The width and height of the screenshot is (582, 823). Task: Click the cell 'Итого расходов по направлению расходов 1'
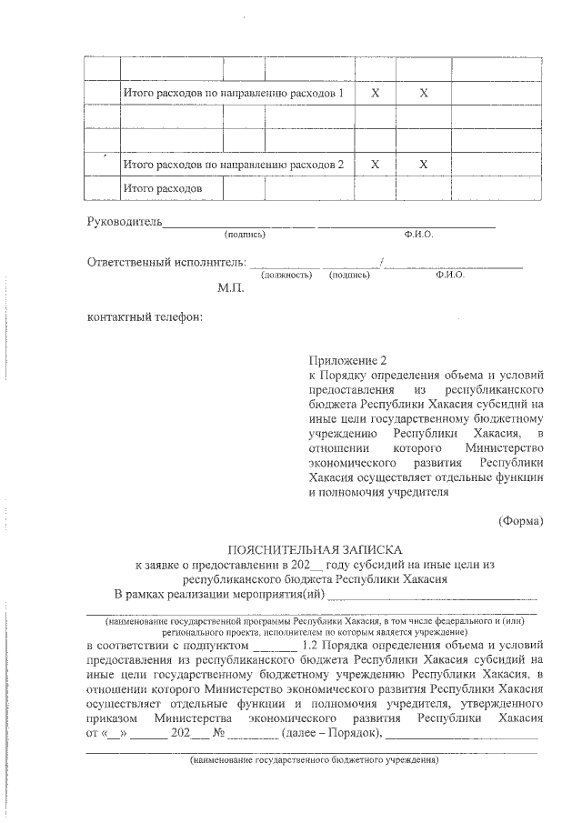233,94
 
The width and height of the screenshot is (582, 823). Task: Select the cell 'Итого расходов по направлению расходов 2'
233,165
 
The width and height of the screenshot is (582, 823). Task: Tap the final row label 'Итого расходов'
162,188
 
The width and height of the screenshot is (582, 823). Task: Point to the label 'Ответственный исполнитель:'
166,263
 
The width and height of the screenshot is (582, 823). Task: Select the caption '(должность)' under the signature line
286,274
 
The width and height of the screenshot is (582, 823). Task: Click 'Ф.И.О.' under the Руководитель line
419,235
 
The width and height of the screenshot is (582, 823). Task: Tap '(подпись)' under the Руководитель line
245,235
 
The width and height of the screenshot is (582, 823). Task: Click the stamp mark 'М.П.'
230,288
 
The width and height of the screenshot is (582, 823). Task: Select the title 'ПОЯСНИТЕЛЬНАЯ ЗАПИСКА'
314,550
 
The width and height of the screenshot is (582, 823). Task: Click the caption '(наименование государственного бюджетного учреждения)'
314,759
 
